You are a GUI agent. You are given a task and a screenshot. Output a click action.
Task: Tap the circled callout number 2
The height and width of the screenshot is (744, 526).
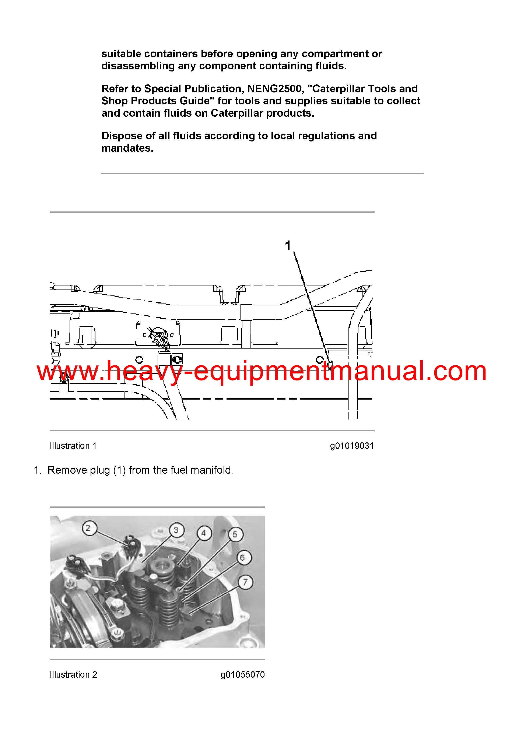point(88,528)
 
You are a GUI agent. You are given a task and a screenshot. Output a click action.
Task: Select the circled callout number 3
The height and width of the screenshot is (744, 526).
point(176,530)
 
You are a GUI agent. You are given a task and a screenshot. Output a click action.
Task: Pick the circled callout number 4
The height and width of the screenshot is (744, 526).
point(204,533)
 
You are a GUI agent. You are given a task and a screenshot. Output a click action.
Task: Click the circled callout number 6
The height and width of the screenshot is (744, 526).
point(242,558)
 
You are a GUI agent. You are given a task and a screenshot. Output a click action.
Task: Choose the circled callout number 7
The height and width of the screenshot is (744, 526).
point(245,582)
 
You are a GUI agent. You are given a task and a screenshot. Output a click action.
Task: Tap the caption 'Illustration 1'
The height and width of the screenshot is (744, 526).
point(73,446)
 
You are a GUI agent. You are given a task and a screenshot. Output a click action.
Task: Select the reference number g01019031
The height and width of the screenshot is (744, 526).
point(352,446)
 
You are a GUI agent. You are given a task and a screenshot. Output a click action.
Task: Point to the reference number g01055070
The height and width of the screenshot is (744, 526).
point(243,675)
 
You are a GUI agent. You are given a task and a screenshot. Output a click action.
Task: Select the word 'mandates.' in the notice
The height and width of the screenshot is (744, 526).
point(127,148)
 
